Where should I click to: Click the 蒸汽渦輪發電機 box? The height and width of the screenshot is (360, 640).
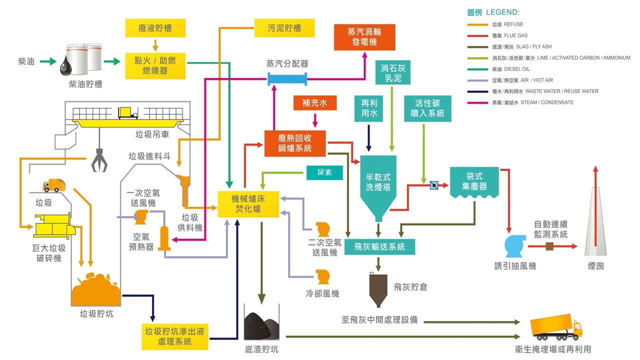364,37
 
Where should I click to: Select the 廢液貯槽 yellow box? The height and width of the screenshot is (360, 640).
155,28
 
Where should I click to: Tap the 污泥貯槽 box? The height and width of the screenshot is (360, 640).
284,28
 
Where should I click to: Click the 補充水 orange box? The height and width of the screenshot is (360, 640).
314,103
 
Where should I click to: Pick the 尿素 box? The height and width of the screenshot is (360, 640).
325,173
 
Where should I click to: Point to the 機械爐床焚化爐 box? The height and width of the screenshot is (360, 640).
248,204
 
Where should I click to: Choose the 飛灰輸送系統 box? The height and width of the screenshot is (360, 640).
379,246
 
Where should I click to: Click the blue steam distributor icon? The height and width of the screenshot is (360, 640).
287,78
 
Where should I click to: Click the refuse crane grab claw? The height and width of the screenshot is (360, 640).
99,161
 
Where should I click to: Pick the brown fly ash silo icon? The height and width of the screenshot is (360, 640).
378,289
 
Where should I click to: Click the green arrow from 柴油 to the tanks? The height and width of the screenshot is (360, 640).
48,62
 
